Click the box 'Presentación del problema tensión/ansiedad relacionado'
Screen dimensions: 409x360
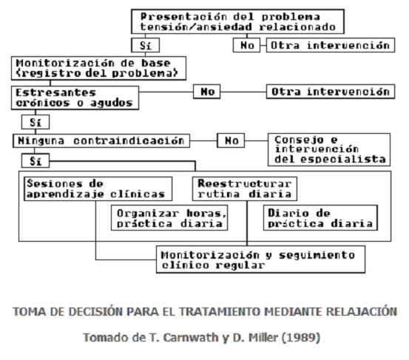(237, 21)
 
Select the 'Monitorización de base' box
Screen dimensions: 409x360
(98, 68)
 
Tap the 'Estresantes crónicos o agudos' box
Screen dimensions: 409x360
(75, 98)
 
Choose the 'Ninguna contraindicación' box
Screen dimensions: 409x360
(101, 140)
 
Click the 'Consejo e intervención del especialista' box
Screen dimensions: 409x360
(329, 149)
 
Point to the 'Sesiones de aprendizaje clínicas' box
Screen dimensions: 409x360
(98, 189)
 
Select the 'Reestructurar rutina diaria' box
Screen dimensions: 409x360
(245, 189)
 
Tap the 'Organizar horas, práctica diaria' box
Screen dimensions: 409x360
(169, 217)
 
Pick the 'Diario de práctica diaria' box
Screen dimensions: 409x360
(320, 217)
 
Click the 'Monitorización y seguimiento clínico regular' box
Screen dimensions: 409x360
(261, 259)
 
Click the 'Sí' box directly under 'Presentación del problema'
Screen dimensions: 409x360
(145, 45)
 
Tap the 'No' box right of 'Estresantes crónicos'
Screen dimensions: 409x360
(207, 92)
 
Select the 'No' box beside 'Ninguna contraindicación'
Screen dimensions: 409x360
(231, 140)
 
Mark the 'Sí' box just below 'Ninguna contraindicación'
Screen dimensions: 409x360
(36, 160)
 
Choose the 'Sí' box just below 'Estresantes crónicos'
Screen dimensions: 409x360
(36, 122)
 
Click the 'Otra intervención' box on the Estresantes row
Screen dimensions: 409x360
(331, 92)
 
